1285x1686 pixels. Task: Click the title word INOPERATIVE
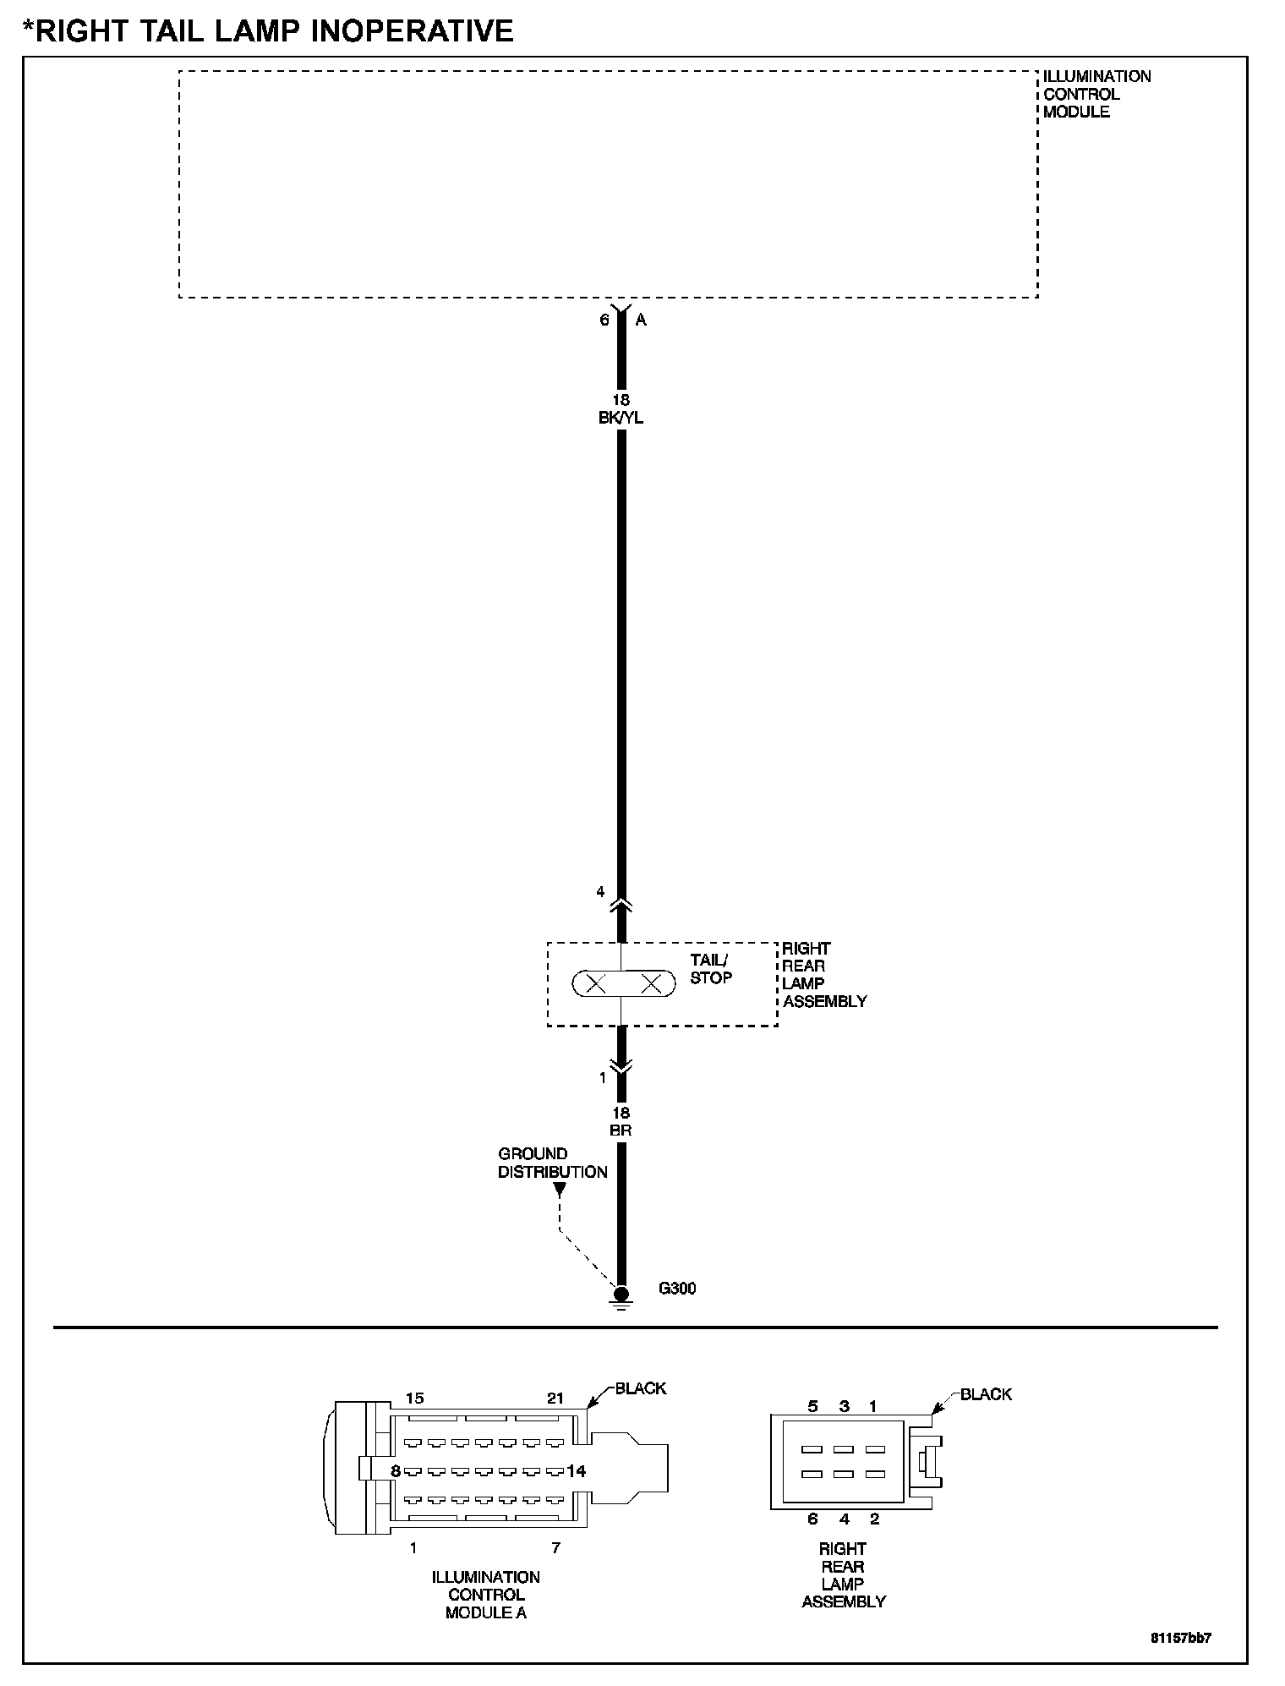413,31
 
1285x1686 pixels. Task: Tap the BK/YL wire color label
621,418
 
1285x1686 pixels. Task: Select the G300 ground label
677,1289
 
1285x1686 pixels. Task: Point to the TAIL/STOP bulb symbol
624,983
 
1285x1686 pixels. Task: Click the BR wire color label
621,1130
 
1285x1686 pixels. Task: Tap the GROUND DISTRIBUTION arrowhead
559,1189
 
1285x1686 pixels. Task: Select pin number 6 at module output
604,320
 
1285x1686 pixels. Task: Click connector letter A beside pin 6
641,320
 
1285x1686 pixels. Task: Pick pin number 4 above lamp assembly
601,891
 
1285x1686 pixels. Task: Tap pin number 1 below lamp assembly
603,1077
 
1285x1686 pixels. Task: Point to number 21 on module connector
555,1398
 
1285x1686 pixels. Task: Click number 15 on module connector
414,1398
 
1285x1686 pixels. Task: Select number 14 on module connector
577,1470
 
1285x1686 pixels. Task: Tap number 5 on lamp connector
813,1406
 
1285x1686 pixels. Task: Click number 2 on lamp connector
874,1519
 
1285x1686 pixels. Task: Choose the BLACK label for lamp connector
986,1394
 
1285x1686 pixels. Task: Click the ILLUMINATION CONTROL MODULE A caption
486,1595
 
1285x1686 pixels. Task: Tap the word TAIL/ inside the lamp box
708,960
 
